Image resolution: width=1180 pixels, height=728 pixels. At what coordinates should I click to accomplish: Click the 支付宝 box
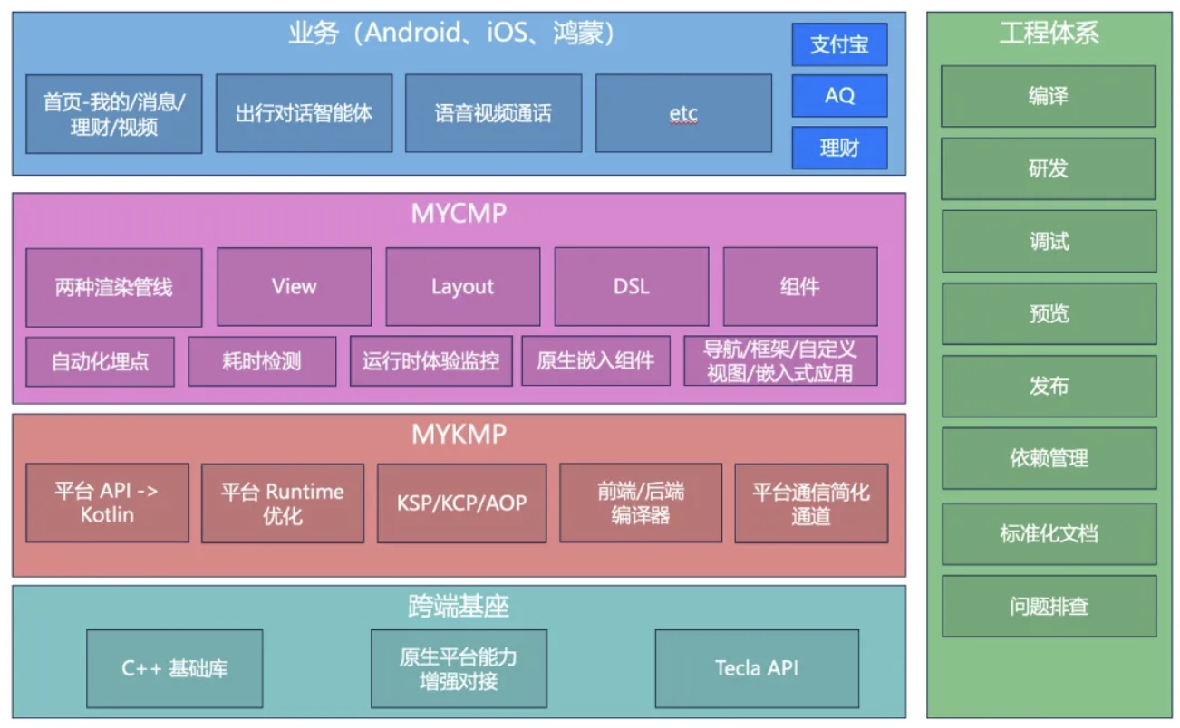[x=839, y=44]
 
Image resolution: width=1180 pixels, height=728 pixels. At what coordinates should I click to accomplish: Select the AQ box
[x=839, y=95]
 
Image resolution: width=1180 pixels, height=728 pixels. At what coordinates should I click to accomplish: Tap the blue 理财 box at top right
[x=839, y=148]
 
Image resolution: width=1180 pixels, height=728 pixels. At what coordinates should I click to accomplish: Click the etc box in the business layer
[x=683, y=113]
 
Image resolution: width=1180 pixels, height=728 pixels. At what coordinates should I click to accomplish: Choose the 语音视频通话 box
[x=493, y=113]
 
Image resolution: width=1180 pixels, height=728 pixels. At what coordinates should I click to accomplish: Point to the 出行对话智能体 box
[x=304, y=113]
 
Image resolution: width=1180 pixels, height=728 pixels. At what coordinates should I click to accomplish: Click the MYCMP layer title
[x=459, y=214]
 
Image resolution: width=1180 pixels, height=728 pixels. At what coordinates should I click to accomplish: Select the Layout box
[x=462, y=286]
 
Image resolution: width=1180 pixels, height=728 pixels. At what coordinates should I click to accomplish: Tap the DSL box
[x=631, y=286]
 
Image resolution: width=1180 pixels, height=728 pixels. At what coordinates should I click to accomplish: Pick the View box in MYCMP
[x=294, y=286]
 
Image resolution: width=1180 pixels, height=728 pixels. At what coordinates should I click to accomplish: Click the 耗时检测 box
[x=261, y=361]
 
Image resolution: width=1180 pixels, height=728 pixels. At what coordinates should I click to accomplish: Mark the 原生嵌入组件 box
[x=595, y=361]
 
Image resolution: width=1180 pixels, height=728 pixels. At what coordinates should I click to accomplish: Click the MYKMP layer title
[x=459, y=435]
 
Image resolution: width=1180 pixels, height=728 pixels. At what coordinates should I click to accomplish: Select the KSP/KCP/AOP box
[x=461, y=503]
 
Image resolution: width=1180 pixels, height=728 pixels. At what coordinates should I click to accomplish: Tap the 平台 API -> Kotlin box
[x=107, y=503]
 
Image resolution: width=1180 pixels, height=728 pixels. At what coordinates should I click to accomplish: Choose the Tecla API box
[x=756, y=668]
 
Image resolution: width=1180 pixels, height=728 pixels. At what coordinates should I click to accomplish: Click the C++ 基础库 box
[x=175, y=668]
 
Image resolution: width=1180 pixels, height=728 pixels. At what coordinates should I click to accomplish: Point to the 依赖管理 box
[x=1049, y=458]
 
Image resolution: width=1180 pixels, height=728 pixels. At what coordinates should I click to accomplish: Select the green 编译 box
[x=1048, y=96]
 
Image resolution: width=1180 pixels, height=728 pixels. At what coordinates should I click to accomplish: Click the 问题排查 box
[x=1049, y=606]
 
